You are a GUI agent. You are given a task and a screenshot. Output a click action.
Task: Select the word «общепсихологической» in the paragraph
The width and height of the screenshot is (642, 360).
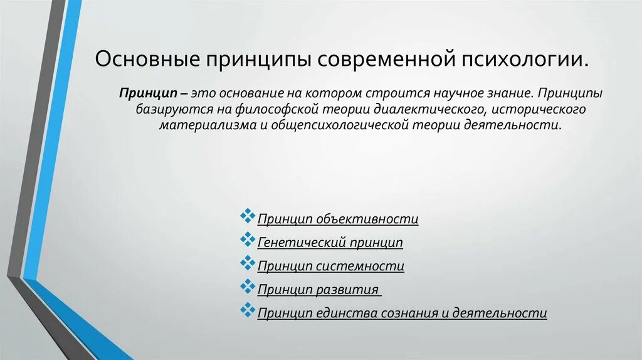coord(339,125)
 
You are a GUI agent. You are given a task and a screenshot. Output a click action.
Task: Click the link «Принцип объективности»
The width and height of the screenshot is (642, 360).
coord(338,219)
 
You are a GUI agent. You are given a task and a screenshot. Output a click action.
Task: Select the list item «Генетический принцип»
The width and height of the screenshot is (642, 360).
coord(330,243)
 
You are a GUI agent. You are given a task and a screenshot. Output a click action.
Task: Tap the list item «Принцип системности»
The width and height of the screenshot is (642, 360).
coord(331,266)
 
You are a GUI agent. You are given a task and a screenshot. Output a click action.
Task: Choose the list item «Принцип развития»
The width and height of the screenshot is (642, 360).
coord(318,290)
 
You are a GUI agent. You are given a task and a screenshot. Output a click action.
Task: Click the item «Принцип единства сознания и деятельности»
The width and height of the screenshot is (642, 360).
coord(403,313)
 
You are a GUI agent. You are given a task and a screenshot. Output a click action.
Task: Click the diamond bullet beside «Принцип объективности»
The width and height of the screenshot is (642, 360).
coord(247,216)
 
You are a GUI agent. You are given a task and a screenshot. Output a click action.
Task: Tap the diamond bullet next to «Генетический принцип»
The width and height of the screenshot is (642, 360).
coord(247,240)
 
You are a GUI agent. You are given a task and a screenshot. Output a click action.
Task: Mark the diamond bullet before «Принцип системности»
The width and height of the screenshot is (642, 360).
coord(247,263)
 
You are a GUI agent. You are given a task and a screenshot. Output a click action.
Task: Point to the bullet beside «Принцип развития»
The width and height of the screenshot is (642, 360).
coord(247,287)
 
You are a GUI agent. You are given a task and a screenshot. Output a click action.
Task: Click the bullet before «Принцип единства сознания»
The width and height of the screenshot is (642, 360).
coord(247,310)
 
